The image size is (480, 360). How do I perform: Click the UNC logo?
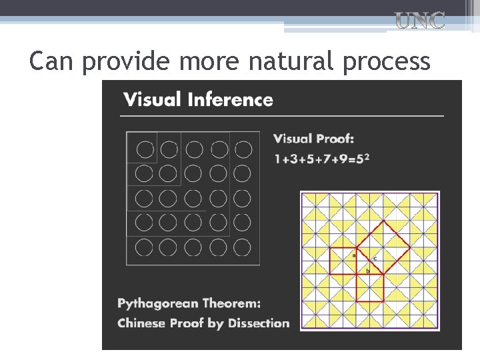(420, 21)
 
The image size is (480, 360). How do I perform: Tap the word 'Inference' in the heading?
(230, 100)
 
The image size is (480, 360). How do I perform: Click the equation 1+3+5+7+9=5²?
(322, 159)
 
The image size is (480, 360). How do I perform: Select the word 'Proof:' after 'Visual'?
(337, 139)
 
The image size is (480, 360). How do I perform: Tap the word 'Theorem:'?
(232, 303)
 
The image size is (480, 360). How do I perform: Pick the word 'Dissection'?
(259, 323)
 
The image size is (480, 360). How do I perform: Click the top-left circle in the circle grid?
(144, 149)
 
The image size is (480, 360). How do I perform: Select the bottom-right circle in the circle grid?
(242, 247)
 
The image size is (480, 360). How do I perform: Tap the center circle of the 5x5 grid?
(193, 198)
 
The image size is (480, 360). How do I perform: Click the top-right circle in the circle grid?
(243, 149)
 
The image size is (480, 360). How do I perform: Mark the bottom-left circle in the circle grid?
(144, 247)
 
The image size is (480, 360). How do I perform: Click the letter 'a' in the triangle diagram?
(354, 255)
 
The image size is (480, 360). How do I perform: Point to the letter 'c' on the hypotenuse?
(375, 258)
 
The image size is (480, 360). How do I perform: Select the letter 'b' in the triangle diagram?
(367, 271)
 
